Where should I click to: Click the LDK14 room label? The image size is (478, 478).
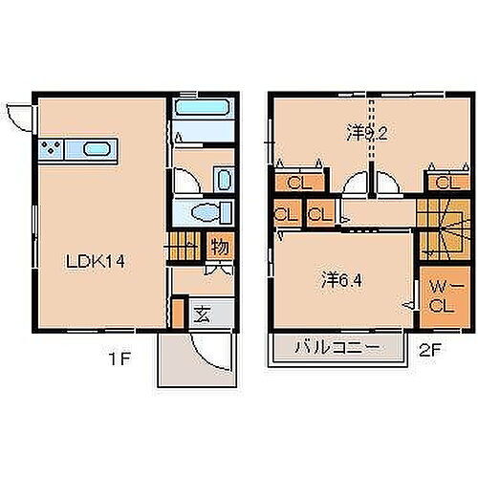(90, 260)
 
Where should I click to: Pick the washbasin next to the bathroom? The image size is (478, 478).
(222, 179)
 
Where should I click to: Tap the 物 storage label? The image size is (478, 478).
(218, 248)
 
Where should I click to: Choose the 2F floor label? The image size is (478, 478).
(431, 350)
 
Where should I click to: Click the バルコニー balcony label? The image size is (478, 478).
(337, 347)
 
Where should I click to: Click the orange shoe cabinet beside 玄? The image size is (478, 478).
(177, 312)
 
